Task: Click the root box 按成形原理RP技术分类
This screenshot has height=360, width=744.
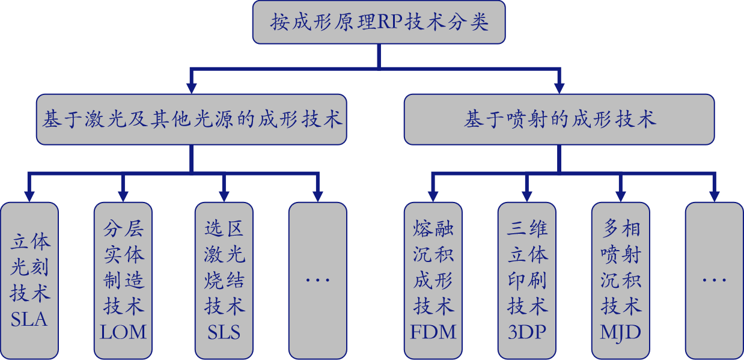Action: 379,22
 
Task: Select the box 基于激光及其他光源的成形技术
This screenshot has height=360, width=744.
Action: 191,119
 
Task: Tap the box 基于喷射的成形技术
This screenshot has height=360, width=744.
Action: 559,119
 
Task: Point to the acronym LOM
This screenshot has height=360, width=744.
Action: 123,332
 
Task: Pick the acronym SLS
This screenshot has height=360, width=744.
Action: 224,332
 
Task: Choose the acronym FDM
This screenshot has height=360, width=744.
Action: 433,332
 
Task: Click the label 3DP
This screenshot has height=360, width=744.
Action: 527,332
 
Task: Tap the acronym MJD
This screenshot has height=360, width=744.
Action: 620,332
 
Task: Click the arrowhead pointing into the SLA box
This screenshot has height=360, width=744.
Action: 29,196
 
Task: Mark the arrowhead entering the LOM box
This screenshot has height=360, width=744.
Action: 123,196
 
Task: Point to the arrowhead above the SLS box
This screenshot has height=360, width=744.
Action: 224,196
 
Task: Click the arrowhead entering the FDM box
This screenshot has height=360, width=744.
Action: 433,196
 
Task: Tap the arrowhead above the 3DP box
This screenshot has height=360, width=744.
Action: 527,196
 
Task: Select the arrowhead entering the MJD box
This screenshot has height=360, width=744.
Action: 620,196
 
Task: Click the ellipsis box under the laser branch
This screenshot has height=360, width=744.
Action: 317,280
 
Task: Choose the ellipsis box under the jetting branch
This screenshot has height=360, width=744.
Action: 714,280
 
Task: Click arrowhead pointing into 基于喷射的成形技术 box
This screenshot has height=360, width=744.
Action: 559,88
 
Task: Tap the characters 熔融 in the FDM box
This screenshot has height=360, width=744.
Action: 433,229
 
